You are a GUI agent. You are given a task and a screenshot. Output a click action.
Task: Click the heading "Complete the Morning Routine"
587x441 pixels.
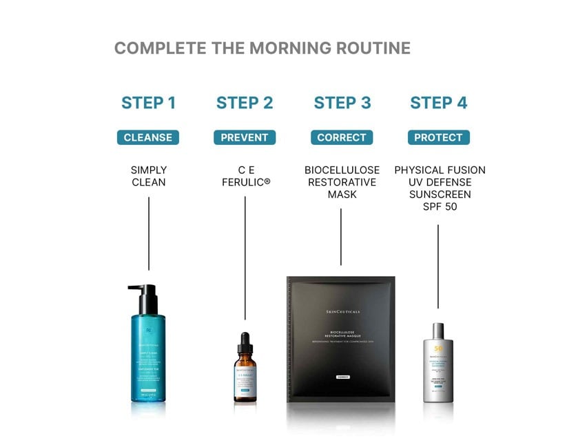(x=262, y=48)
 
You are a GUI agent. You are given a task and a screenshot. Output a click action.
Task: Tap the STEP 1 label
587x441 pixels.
(x=148, y=104)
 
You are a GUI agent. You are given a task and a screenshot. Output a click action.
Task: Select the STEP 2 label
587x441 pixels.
(x=245, y=104)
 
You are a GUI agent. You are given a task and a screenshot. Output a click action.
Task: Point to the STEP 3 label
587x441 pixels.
(x=342, y=104)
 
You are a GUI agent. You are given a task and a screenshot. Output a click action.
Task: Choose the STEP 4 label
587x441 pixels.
(x=438, y=104)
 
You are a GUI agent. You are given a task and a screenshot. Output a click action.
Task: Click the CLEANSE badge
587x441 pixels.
(x=148, y=137)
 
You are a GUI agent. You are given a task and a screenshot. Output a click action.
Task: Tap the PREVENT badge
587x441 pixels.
(x=245, y=137)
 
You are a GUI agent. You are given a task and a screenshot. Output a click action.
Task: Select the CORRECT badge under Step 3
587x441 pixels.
(x=342, y=137)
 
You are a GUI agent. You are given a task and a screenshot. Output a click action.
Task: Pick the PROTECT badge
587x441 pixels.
(x=438, y=137)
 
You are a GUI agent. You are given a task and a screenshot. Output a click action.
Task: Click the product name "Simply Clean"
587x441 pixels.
(x=149, y=176)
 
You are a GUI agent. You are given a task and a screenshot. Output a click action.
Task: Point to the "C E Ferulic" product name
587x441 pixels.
(x=245, y=176)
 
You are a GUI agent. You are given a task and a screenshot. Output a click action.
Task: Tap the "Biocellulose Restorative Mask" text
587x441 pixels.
(x=342, y=182)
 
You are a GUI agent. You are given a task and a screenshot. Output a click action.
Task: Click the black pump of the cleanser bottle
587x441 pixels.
(x=145, y=297)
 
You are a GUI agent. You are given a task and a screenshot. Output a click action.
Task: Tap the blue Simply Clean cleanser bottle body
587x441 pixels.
(x=147, y=359)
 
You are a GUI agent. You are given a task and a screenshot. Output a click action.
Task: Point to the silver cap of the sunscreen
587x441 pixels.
(x=438, y=332)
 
